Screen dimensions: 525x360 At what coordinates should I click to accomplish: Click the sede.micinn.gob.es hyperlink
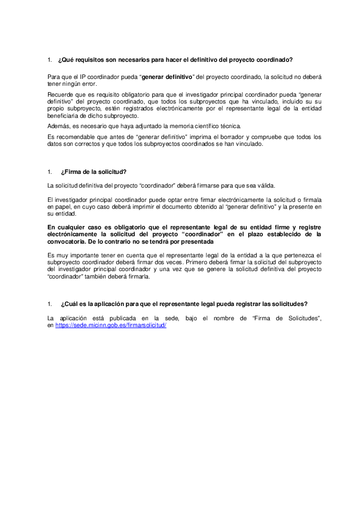111,325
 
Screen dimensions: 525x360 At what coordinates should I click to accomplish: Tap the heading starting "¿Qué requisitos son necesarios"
177,59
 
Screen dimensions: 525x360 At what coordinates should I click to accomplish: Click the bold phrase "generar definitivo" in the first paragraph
167,77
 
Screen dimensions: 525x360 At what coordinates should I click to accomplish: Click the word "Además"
58,126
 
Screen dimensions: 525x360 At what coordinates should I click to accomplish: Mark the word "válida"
265,185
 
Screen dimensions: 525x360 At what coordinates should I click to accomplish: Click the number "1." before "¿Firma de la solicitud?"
50,172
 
